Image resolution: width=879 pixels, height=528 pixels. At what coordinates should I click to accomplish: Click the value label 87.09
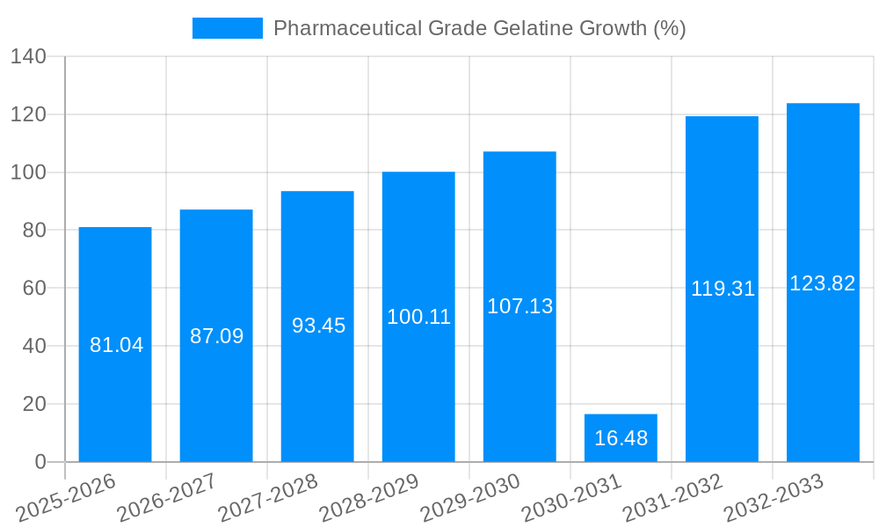click(216, 336)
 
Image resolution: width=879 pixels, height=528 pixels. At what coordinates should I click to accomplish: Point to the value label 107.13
click(519, 306)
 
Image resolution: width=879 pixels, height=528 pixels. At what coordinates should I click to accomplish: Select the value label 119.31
click(723, 289)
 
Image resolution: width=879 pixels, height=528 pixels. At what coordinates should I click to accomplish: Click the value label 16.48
click(621, 438)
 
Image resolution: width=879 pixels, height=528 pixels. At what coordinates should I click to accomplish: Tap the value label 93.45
click(318, 326)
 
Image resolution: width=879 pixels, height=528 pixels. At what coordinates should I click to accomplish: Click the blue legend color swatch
click(228, 28)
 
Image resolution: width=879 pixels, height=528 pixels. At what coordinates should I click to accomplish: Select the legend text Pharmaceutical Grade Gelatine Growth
click(479, 28)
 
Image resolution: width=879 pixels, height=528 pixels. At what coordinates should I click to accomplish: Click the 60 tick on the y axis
click(33, 288)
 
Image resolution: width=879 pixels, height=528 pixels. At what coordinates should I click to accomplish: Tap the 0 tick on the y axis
click(40, 462)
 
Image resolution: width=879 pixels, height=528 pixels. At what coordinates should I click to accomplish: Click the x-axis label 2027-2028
click(268, 497)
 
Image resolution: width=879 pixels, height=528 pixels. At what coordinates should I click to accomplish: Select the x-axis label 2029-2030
click(470, 497)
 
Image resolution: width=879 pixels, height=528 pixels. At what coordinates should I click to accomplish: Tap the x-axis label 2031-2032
click(672, 497)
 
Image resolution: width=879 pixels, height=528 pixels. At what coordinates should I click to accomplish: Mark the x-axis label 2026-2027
click(167, 497)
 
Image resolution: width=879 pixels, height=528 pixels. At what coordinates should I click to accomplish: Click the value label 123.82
click(823, 283)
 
